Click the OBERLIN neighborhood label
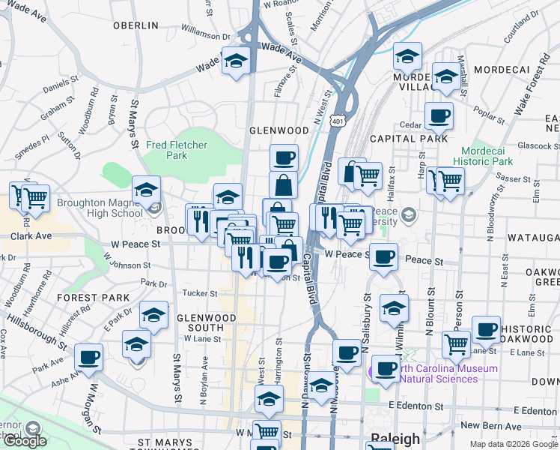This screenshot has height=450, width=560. click(136, 25)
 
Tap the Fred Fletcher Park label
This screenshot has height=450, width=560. click(166, 150)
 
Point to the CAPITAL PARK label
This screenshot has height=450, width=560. click(409, 138)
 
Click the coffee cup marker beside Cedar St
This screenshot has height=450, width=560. click(439, 115)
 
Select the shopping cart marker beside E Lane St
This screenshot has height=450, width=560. click(456, 344)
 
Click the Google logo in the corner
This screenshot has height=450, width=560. click(25, 441)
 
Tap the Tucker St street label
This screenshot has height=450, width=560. click(199, 293)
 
